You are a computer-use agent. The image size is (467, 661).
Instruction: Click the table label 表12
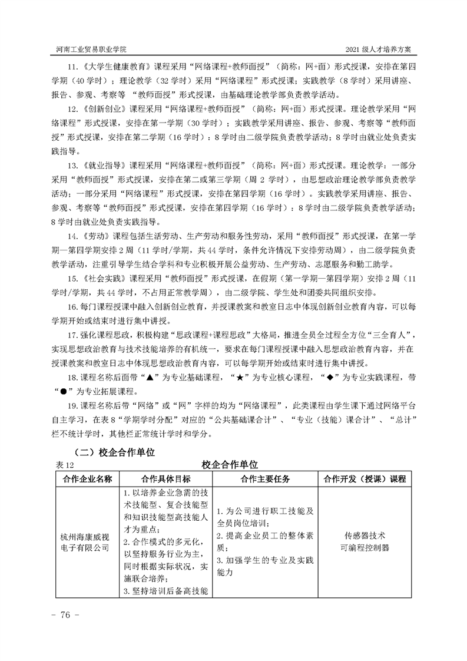coord(61,465)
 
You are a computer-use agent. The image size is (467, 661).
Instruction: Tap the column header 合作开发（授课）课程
coord(365,478)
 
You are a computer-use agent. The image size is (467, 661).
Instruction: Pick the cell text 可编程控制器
coord(365,548)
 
